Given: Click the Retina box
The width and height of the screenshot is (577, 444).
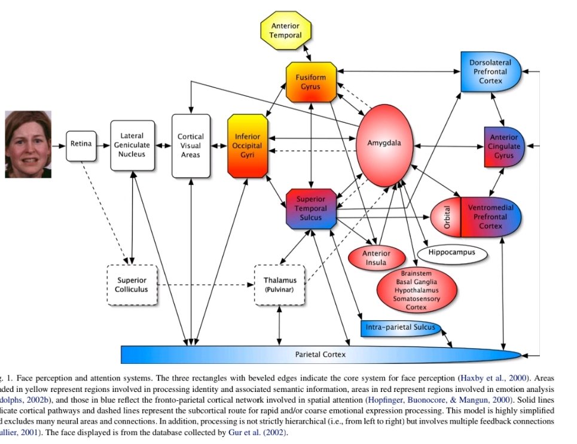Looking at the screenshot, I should click(81, 144).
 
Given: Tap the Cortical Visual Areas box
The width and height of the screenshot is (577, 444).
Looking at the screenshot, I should click(191, 145).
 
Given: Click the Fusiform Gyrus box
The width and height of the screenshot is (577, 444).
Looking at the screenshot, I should click(310, 82).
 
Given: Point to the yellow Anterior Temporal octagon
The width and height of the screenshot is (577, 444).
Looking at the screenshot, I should click(286, 31).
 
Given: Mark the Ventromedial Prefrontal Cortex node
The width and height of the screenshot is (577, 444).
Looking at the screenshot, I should click(490, 217).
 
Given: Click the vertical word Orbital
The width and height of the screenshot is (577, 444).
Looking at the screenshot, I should click(446, 217).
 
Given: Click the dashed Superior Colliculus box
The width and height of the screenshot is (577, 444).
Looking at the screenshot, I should click(131, 285).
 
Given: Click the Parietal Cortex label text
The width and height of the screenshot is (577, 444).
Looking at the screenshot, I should click(320, 354).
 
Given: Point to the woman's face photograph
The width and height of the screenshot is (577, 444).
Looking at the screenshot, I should click(28, 145).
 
